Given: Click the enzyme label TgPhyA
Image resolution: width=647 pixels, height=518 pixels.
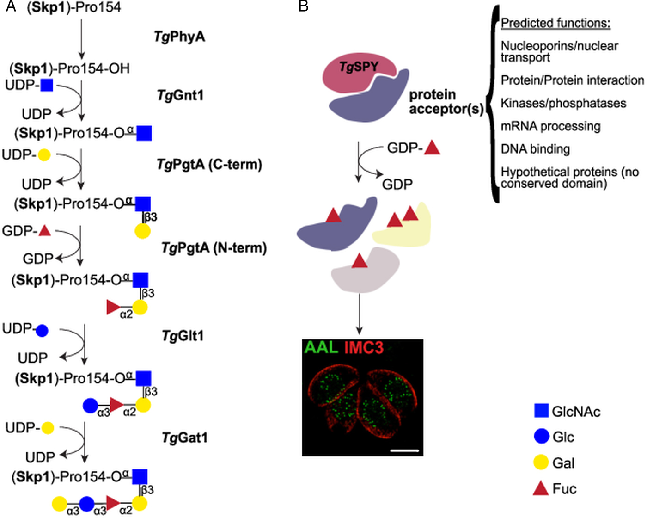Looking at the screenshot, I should (179, 37).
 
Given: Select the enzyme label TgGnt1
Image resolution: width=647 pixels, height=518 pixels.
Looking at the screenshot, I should (180, 96).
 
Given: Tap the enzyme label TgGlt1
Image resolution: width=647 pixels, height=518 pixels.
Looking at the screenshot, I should (183, 336).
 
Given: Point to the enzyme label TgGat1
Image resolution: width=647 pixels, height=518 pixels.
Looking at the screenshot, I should (185, 438).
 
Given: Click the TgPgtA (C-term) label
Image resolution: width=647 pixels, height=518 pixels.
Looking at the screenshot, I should (209, 165).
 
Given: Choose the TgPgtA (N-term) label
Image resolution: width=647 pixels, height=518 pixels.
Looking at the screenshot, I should (214, 248).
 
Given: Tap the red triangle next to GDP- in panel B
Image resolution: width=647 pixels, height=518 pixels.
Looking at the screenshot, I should (432, 148).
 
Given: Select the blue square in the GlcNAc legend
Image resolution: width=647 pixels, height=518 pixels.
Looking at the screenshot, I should (541, 411).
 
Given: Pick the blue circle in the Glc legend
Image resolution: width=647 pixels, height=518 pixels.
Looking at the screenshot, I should (541, 436).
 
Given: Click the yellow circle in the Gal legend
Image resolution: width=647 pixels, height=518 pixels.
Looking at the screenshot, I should (541, 462).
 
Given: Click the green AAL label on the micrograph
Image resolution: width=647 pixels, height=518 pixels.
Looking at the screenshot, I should (321, 347).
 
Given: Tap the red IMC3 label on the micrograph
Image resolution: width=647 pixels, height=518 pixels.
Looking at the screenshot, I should (364, 347).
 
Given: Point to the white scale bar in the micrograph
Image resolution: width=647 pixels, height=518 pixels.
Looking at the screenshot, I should (404, 450).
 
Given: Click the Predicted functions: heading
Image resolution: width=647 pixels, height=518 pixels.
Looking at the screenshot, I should (555, 23).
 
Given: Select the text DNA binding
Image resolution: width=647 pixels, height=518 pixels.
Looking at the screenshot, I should (535, 149).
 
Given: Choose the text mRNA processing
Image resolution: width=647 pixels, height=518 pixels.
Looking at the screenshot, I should (550, 126).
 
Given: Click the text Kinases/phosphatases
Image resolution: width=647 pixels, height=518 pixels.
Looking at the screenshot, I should (563, 103).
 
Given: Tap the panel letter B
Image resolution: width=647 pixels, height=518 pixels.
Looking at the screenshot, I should (303, 6).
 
